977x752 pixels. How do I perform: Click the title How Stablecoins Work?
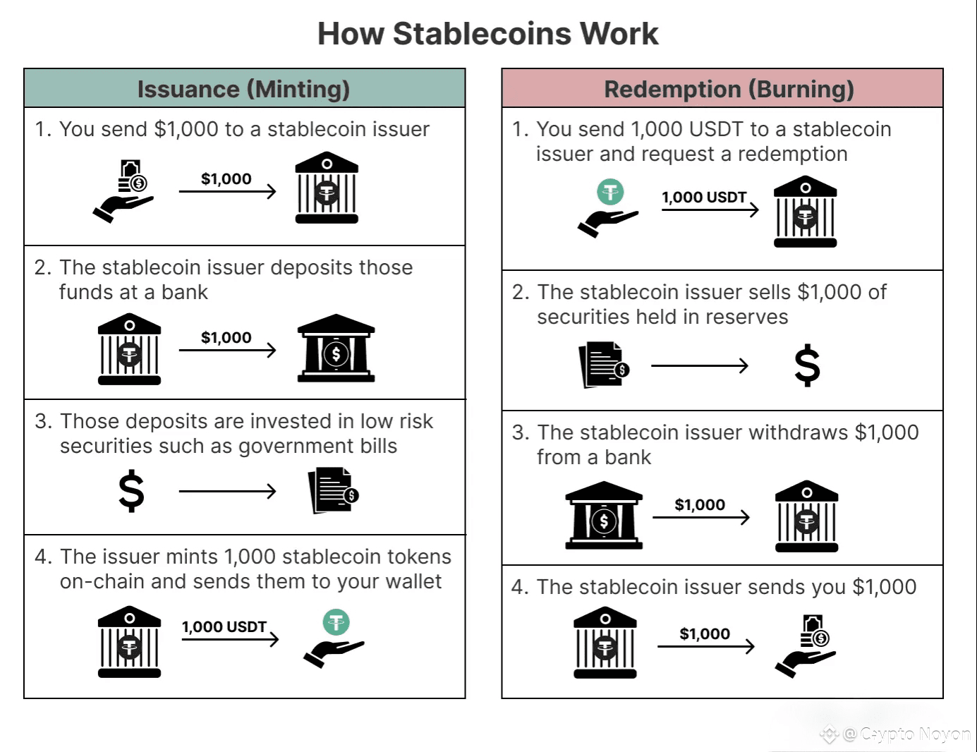(487, 34)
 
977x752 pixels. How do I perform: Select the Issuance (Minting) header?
(244, 89)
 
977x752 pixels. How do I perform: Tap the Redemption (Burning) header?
(729, 89)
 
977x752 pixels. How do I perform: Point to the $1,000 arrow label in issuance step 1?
(226, 179)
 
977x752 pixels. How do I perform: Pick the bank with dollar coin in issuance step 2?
(336, 348)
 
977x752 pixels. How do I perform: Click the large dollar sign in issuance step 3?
(131, 491)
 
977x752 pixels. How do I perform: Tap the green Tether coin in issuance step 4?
(336, 622)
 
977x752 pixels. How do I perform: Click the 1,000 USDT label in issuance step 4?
(224, 626)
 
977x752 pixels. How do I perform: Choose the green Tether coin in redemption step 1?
(610, 191)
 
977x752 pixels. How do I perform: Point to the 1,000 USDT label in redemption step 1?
(704, 198)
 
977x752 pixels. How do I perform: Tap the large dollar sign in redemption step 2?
(807, 365)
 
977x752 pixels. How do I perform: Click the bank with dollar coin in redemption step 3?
(604, 516)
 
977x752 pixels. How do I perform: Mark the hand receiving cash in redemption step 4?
(806, 646)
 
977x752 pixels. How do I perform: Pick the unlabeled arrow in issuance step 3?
(227, 491)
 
